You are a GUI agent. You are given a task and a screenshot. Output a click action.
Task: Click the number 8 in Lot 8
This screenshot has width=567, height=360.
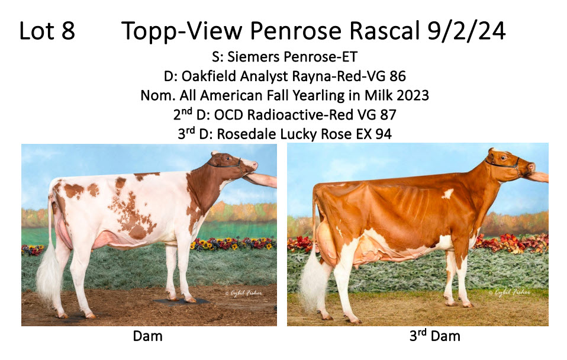(x=68, y=31)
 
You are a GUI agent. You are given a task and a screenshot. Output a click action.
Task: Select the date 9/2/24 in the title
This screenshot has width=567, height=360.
(x=466, y=31)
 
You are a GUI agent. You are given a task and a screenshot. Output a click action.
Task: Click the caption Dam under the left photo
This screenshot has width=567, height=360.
(x=147, y=336)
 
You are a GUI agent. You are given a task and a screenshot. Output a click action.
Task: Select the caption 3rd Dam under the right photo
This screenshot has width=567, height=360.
(x=434, y=336)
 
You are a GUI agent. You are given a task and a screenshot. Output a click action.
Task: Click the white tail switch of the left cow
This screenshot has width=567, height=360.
(x=49, y=275)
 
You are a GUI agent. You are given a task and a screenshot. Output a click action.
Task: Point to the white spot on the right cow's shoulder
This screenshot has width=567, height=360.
(x=447, y=194)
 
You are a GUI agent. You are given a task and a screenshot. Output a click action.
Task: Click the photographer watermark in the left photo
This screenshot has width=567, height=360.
(x=243, y=292)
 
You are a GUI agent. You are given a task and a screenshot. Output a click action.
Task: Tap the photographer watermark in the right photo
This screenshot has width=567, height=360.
(x=510, y=292)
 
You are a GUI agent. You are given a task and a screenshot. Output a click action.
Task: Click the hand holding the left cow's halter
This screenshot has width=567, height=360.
(x=262, y=179)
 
